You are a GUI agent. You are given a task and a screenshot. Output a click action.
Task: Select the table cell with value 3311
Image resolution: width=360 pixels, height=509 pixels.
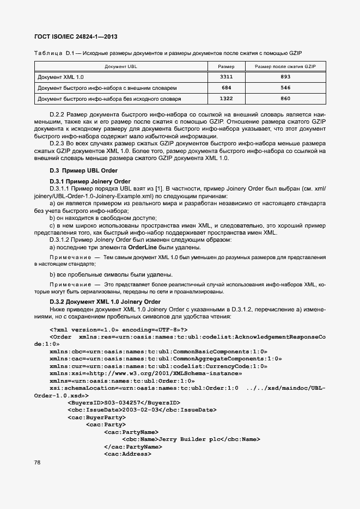tap(226, 77)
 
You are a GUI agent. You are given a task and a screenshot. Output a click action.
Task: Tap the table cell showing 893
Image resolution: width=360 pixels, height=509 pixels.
tap(285, 77)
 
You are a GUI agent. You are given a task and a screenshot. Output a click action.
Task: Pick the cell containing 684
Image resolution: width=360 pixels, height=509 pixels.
tap(226, 88)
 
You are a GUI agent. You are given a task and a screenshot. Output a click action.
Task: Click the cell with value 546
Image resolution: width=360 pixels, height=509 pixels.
tap(285, 88)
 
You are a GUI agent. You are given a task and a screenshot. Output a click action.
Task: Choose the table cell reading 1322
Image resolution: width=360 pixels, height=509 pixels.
tap(226, 99)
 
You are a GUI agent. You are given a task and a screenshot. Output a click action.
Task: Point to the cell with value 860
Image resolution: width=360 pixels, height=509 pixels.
tap(285, 99)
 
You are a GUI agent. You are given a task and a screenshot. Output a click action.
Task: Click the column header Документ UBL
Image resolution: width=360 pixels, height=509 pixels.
tap(121, 66)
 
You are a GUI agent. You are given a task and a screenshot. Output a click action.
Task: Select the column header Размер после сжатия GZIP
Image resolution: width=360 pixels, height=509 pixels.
tap(285, 66)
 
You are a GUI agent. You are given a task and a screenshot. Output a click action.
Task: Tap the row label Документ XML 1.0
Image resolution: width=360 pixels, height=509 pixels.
tap(60, 77)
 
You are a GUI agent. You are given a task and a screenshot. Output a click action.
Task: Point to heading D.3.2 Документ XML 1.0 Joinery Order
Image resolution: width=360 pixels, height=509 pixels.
tap(105, 302)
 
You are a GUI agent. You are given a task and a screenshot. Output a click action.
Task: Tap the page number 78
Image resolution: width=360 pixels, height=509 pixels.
tap(38, 462)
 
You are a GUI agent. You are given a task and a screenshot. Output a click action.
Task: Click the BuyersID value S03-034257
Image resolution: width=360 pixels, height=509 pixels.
tap(123, 403)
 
